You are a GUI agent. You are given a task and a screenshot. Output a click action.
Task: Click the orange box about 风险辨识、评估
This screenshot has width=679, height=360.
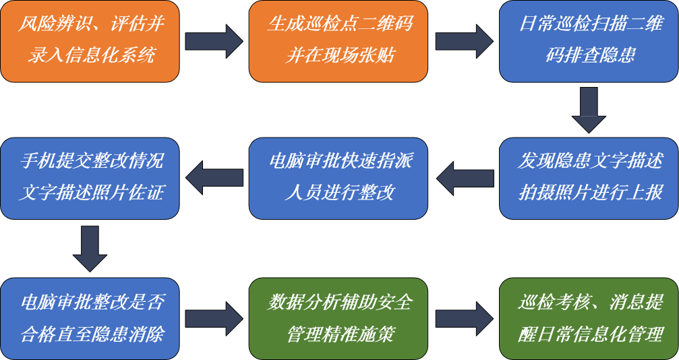pos(90,41)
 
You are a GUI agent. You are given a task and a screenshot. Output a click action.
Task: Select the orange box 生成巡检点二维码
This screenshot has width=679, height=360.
pos(339,41)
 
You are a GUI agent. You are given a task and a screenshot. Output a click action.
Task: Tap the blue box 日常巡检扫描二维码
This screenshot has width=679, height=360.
pos(589,41)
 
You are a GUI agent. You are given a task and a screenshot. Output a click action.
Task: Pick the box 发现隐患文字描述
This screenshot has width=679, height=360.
pos(589,178)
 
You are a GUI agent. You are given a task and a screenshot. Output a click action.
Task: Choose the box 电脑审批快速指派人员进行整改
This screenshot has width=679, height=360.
pos(339,178)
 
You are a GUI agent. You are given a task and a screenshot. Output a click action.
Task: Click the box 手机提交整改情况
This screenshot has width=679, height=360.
pos(90,178)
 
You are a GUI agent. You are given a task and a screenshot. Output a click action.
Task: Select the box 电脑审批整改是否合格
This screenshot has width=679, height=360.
pos(90,318)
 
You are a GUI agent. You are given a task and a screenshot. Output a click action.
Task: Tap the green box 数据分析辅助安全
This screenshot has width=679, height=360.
pos(339,318)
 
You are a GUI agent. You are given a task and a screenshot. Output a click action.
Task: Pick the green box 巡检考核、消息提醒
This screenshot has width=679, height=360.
pos(589,318)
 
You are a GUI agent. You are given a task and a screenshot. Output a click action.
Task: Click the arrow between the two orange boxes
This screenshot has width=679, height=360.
pos(214,41)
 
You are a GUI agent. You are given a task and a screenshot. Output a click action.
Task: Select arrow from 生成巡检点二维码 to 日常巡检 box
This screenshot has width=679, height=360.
pos(464,41)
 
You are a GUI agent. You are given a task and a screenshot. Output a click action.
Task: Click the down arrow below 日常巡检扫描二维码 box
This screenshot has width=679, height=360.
pos(589,110)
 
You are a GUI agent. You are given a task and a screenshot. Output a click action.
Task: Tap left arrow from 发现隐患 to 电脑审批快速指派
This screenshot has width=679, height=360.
pos(464,178)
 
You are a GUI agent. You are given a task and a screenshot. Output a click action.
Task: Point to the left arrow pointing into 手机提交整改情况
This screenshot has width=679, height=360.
pos(214,178)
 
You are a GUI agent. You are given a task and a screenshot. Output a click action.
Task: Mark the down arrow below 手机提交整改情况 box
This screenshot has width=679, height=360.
pos(90,249)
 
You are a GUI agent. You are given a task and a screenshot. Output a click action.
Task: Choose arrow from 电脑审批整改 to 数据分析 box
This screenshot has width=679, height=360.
pos(214,318)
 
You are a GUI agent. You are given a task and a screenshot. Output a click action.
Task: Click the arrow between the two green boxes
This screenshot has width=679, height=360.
pos(464,318)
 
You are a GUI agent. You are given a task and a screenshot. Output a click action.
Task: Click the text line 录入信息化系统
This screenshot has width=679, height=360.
pos(90,55)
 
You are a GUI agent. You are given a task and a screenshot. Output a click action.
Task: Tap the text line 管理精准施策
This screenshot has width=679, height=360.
pos(340,334)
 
